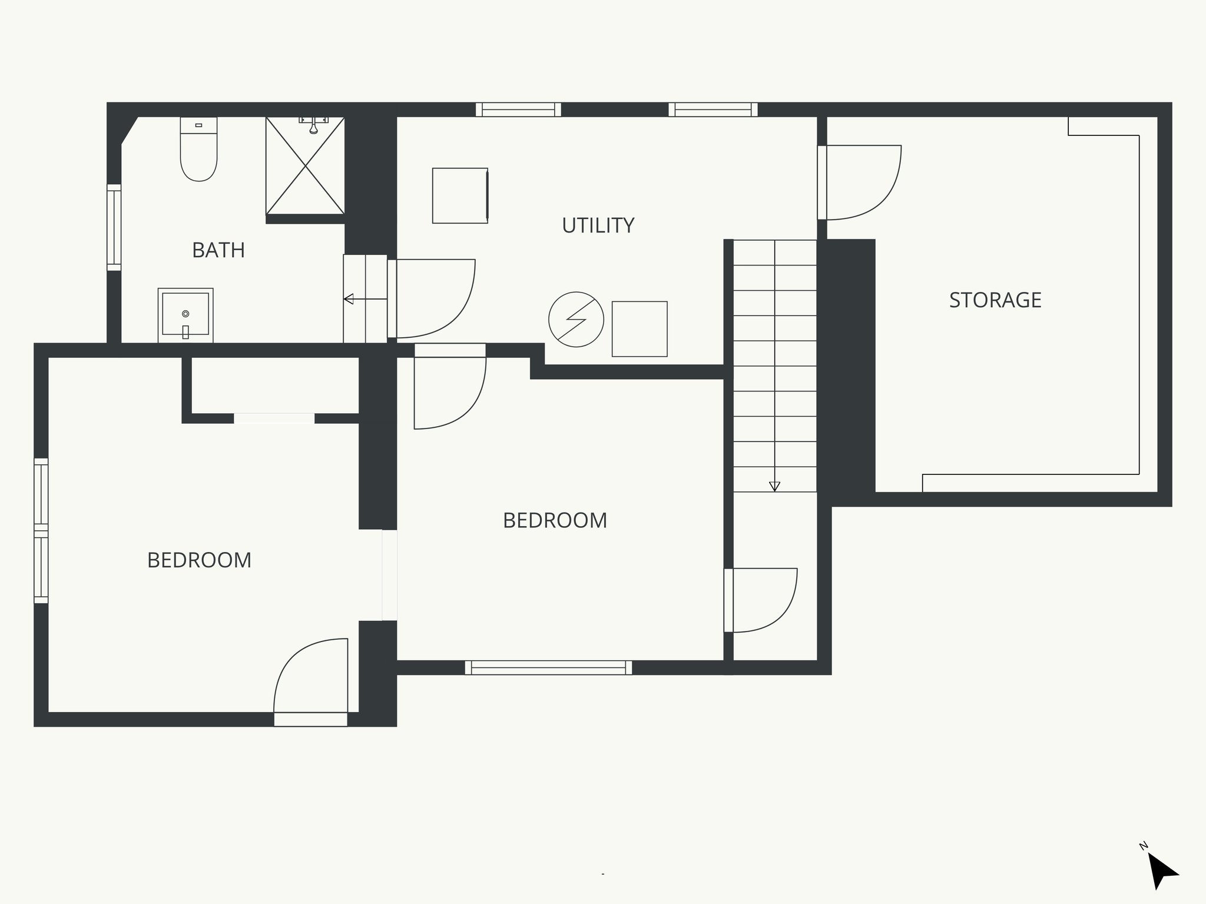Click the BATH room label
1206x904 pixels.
click(218, 251)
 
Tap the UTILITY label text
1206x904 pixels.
click(598, 226)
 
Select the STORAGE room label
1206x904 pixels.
click(995, 300)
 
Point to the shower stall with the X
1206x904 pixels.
click(305, 165)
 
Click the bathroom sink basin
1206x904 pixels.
click(185, 315)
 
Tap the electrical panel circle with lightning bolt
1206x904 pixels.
click(576, 319)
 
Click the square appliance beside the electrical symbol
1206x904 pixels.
click(640, 329)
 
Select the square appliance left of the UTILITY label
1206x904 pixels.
click(460, 195)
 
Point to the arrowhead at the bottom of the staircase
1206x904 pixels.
click(774, 486)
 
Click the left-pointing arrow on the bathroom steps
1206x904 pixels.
click(349, 299)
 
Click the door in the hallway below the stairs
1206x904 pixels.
click(761, 600)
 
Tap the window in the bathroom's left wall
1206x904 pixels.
click(114, 228)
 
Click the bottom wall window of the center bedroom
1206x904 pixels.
click(548, 667)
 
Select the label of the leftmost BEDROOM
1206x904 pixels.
click(199, 560)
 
